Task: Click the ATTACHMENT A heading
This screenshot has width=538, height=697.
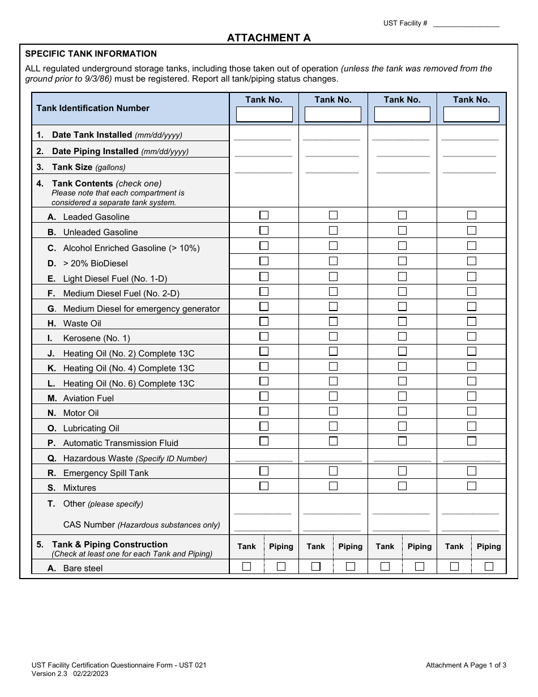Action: click(268, 38)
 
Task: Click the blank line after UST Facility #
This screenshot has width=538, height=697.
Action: click(466, 24)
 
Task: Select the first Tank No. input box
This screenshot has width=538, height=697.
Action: click(264, 114)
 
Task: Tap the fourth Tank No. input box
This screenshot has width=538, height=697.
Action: click(471, 114)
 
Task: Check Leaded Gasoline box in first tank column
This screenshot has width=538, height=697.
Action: click(264, 215)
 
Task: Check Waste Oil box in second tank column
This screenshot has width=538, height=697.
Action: click(333, 321)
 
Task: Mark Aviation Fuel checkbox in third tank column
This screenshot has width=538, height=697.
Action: click(402, 396)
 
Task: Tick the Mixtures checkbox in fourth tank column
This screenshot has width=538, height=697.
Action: click(471, 486)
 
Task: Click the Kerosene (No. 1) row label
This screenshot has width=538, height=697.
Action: click(96, 338)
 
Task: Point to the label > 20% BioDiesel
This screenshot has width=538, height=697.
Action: click(95, 263)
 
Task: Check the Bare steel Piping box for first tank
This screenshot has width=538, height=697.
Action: click(281, 566)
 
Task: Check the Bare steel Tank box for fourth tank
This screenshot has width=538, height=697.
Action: click(454, 566)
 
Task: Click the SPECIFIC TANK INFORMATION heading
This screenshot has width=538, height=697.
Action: click(91, 54)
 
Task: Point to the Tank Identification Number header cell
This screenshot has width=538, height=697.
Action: click(93, 108)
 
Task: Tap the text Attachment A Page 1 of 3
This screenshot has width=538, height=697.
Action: click(466, 665)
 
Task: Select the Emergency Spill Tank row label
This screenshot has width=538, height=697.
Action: click(105, 473)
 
